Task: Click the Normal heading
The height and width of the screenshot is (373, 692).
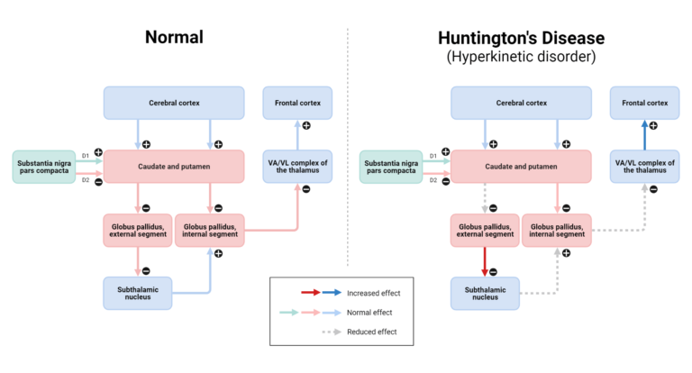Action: (174, 37)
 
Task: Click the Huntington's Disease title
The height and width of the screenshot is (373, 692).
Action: (521, 38)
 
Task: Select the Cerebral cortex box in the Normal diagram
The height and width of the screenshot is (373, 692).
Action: (174, 103)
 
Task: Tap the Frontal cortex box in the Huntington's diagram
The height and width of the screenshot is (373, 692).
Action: (645, 103)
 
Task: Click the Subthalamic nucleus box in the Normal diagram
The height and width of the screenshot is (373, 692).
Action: (138, 293)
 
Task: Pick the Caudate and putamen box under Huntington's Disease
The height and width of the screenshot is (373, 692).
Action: (521, 167)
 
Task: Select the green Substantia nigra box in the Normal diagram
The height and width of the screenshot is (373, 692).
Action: (44, 167)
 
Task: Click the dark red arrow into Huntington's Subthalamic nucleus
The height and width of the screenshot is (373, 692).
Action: (485, 262)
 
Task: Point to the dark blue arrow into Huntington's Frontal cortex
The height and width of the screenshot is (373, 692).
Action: (645, 134)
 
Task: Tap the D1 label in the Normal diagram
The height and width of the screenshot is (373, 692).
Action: (86, 156)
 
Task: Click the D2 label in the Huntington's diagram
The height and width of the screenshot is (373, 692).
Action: (432, 180)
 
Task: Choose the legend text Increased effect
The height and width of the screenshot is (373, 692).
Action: (373, 293)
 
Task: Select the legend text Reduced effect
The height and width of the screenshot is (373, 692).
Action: (371, 332)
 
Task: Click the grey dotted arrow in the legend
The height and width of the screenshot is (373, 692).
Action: (332, 332)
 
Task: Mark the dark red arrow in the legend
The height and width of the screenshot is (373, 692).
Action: (311, 292)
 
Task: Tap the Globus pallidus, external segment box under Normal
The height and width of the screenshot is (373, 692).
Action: (138, 231)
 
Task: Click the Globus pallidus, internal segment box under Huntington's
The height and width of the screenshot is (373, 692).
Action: (557, 231)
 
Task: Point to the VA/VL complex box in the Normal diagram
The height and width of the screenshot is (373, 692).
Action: (297, 167)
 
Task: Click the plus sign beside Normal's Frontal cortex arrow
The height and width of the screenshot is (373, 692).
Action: (306, 126)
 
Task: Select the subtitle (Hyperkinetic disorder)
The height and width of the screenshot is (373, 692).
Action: (521, 57)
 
